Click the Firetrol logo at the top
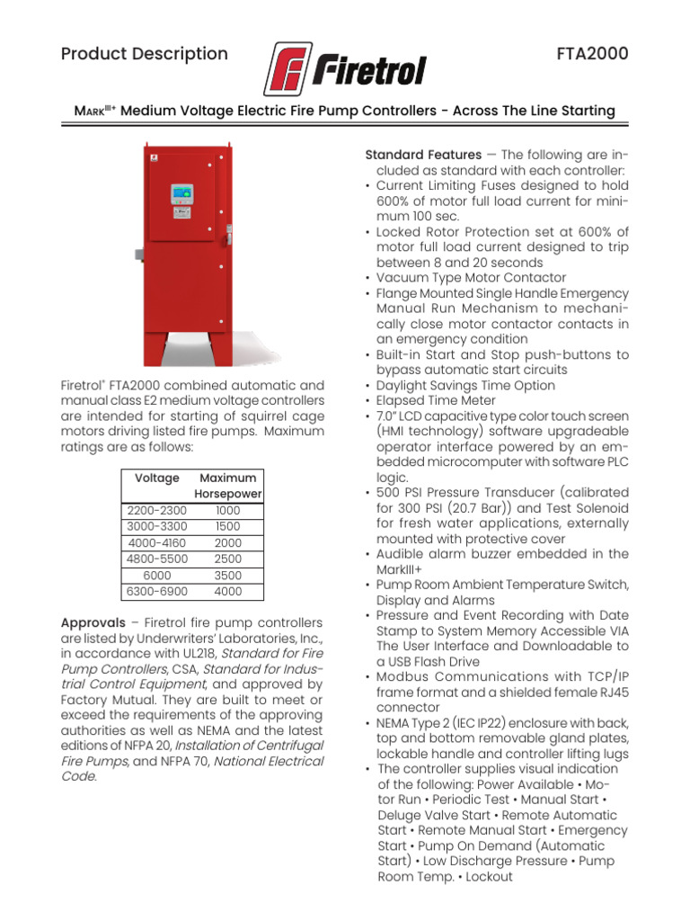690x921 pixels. click(345, 68)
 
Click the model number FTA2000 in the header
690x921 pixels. click(593, 54)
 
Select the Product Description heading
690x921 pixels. click(145, 54)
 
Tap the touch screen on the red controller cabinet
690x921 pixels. click(182, 197)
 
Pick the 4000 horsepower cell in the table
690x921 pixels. click(228, 592)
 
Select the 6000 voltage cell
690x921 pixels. click(156, 576)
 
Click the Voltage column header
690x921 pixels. click(156, 478)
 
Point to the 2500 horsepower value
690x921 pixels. click(228, 559)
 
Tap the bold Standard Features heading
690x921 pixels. click(422, 156)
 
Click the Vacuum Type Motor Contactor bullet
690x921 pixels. click(471, 278)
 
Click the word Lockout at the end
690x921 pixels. click(490, 877)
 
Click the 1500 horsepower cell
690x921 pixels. click(228, 527)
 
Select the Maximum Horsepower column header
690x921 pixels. click(228, 487)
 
